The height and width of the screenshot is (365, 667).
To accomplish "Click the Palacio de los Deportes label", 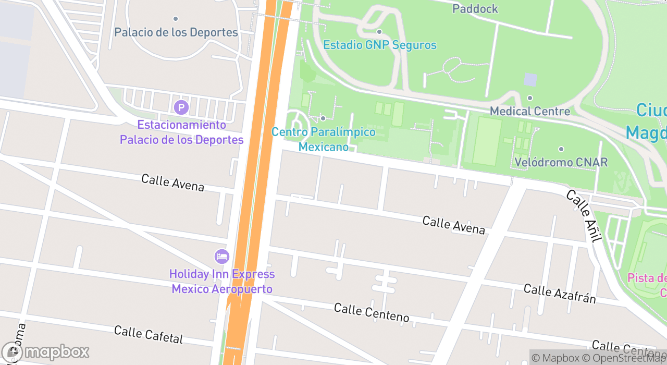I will [x=176, y=32].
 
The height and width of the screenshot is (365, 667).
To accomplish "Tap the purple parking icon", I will [x=181, y=108].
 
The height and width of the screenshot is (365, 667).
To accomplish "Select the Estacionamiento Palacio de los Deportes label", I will [x=181, y=132].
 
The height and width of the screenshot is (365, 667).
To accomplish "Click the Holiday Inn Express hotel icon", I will [x=222, y=257].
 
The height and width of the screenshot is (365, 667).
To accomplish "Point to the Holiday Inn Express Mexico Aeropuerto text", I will [x=222, y=282].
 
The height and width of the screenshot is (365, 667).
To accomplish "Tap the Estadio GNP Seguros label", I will [x=380, y=45].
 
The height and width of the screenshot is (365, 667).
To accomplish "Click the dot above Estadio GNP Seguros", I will [x=379, y=32].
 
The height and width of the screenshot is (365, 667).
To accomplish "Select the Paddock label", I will [x=475, y=9].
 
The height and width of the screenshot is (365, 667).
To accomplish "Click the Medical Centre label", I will [x=530, y=111].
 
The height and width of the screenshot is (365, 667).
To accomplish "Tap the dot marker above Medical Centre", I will [x=530, y=98].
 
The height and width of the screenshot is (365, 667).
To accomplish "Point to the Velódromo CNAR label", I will [x=561, y=162].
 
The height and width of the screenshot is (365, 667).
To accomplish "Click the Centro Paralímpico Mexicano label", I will [x=323, y=139].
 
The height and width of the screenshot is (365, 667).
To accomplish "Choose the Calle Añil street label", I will [x=584, y=216].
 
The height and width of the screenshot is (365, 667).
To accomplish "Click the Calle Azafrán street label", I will [x=560, y=294].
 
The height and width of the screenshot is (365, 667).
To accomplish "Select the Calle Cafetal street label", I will [x=149, y=335].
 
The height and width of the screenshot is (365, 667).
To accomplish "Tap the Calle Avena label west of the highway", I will [x=172, y=182].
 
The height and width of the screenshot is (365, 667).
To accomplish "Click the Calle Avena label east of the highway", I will [x=453, y=225].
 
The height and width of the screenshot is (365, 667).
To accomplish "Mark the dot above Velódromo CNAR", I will [x=561, y=149].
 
